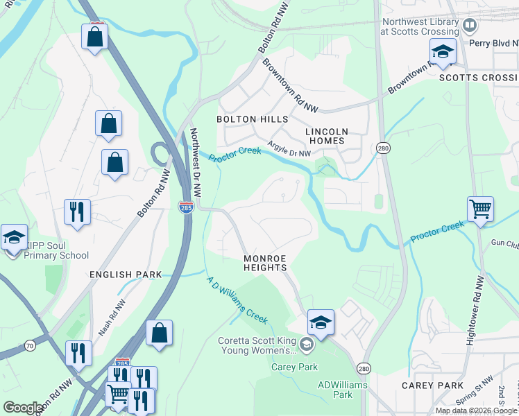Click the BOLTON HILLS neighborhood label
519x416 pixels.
point(252,119)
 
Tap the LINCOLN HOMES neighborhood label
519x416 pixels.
point(325,136)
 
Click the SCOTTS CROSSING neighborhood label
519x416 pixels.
point(478,78)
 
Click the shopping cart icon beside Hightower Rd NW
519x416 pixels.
point(480,208)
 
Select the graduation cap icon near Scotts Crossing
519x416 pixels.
point(442,51)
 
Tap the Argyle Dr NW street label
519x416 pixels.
point(289,149)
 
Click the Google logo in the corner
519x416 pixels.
point(23,408)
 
